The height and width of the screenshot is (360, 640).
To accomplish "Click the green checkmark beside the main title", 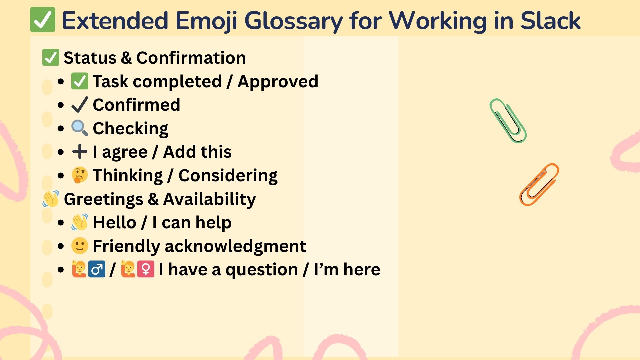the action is (43, 20).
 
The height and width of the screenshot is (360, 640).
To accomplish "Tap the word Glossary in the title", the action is (294, 21).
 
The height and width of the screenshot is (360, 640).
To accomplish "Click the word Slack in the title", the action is (551, 21).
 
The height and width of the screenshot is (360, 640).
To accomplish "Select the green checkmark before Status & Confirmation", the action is (51, 57).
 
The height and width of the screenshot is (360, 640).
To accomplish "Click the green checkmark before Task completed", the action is (80, 81).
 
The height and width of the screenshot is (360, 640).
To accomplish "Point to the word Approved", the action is (278, 82).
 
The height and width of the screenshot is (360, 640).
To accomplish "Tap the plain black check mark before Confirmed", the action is (80, 105).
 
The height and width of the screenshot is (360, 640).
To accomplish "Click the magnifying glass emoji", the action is (80, 128).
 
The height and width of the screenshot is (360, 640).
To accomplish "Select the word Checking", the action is (131, 129).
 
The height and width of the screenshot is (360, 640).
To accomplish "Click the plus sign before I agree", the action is (80, 152).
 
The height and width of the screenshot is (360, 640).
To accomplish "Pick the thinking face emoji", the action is (80, 175).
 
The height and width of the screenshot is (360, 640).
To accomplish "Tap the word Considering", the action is (228, 176).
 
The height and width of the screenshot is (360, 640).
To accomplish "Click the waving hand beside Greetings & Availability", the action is (51, 199).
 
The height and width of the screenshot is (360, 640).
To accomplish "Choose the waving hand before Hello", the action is (80, 222).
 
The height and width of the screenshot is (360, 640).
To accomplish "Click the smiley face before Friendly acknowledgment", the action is (80, 246).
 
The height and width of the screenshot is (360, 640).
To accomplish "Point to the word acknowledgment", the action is (235, 247).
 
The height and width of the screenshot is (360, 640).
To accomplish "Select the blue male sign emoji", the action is (97, 269).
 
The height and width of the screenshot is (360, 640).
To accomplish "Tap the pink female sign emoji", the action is (146, 269).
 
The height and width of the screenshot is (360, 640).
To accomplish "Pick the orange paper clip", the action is (539, 184).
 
